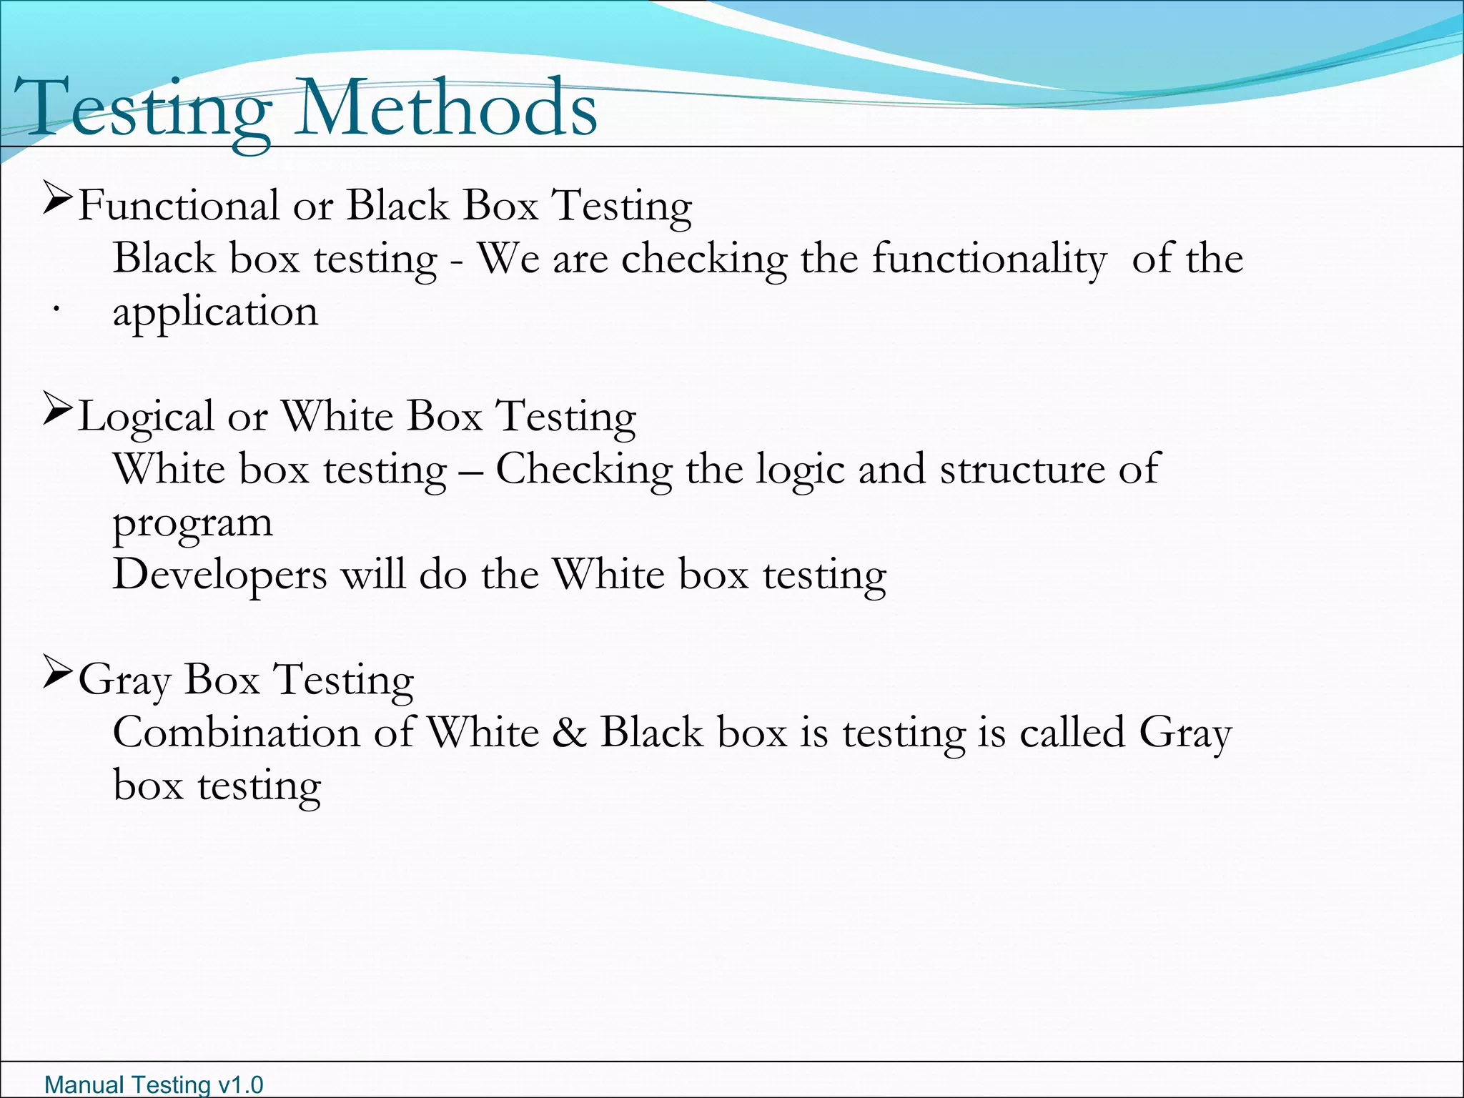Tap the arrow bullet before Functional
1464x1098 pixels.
click(57, 198)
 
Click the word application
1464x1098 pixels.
click(215, 312)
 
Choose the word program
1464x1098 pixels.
click(192, 523)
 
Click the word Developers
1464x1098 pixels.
click(219, 575)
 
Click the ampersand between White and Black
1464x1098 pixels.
click(569, 733)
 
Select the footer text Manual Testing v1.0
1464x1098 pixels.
click(154, 1084)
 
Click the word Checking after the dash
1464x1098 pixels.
click(584, 470)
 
